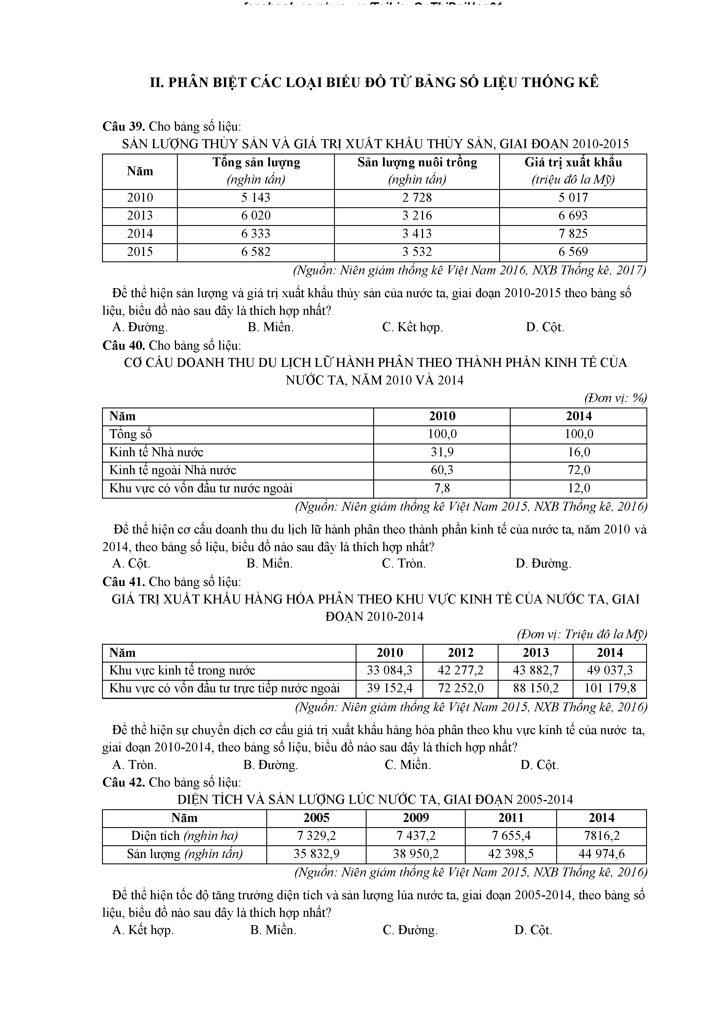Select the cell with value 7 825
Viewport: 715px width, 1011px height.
(573, 234)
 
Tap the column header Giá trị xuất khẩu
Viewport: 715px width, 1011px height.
(573, 163)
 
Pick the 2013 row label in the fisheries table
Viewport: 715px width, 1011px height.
(140, 216)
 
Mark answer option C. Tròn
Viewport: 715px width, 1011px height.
(404, 564)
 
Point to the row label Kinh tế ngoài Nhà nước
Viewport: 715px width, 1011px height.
(173, 470)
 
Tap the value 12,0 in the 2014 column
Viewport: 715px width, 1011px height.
(578, 488)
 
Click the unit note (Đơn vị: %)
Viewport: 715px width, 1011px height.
(615, 398)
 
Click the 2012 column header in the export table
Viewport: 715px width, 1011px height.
(461, 652)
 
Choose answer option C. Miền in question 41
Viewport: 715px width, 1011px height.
(407, 765)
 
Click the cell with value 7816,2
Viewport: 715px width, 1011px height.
(601, 836)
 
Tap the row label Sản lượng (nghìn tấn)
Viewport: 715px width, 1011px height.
(184, 854)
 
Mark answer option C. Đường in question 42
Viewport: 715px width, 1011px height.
(410, 930)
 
